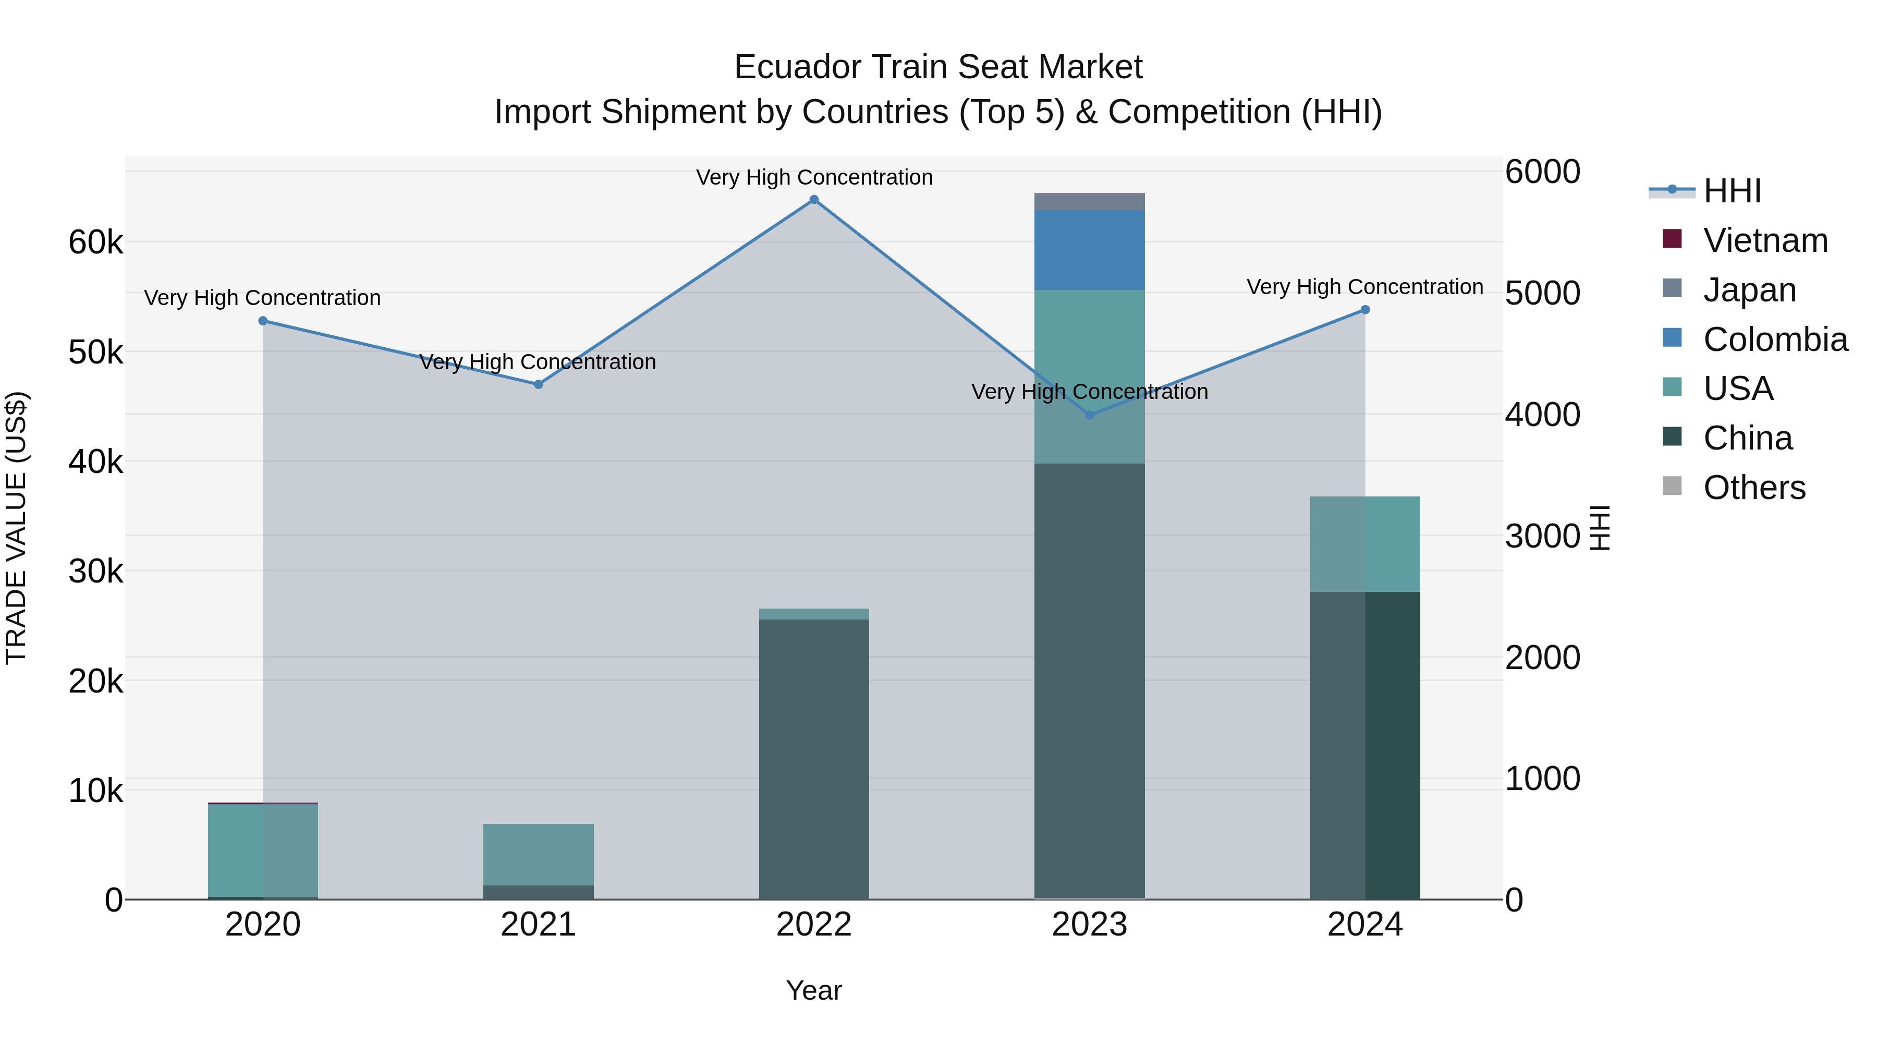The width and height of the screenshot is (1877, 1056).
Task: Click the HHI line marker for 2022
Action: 814,200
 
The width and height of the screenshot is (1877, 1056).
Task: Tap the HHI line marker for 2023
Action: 1089,415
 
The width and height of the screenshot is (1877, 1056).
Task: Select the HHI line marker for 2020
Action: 263,321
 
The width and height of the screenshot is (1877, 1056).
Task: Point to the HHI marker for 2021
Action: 539,384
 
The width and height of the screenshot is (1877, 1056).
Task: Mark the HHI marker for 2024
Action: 1365,310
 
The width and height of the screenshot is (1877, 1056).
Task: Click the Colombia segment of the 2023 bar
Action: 1089,250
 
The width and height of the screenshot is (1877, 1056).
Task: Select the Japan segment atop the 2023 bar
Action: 1089,202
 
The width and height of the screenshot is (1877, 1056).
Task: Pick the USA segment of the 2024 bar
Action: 1365,544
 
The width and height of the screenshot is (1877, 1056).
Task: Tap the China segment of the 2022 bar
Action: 814,758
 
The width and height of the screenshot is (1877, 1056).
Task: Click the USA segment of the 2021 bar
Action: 539,854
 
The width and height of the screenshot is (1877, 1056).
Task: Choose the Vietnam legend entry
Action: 1765,240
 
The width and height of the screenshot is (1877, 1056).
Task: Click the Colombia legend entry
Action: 1774,339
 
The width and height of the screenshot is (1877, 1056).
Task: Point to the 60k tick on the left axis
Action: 95,242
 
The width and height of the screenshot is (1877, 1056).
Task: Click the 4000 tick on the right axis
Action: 1542,415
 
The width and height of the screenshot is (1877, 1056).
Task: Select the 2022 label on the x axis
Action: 814,925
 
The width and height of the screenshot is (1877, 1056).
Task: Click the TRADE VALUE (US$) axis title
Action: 16,528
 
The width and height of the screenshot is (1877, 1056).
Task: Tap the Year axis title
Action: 814,990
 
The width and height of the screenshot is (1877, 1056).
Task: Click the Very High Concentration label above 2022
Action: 814,177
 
